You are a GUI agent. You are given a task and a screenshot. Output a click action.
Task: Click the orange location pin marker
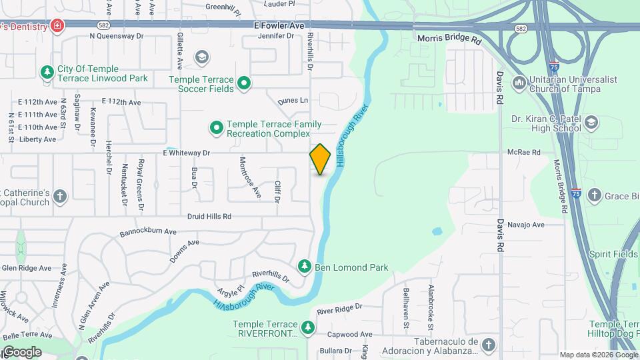320,159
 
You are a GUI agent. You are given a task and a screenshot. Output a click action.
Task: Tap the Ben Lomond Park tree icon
305,267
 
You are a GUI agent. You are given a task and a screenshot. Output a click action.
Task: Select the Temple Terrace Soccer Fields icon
245,83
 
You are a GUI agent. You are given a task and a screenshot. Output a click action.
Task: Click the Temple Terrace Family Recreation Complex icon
216,127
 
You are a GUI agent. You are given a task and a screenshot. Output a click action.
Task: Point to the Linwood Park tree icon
47,72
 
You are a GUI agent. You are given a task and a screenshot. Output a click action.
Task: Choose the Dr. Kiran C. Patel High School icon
591,123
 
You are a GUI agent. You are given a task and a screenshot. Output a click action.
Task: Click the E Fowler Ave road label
279,25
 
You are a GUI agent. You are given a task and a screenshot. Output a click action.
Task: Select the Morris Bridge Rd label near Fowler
449,39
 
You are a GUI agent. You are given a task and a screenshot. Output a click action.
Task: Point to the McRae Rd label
523,153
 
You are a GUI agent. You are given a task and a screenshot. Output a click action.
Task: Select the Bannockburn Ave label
148,233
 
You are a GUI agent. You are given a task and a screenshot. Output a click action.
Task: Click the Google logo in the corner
22,352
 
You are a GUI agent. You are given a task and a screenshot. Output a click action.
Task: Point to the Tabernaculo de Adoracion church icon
489,344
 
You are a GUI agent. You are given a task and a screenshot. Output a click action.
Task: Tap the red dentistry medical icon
58,26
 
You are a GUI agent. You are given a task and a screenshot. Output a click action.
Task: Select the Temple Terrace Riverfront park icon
308,327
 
